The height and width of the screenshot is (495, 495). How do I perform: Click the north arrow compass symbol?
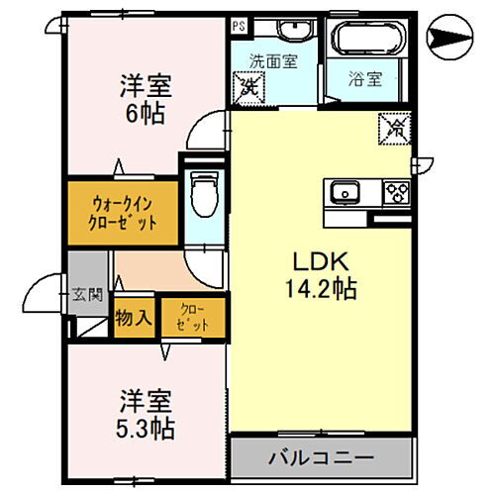(x=451, y=38)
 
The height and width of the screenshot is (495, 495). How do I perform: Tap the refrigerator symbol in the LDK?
(x=392, y=127)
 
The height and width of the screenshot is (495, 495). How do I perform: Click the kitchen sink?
(x=346, y=191)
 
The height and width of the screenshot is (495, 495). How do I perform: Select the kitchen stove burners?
(x=396, y=191)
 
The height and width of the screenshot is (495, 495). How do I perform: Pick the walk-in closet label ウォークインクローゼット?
(x=123, y=210)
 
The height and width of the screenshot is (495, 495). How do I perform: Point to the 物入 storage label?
(x=134, y=319)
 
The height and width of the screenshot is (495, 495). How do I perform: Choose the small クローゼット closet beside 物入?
(x=192, y=318)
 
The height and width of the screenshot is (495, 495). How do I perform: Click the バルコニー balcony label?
(x=321, y=458)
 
